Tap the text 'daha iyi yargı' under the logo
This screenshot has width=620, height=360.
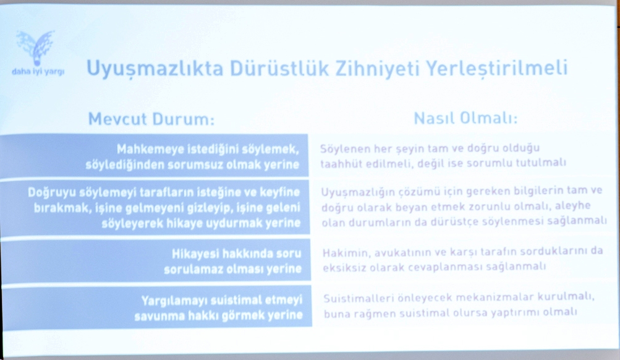click(38, 72)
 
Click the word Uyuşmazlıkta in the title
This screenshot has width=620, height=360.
click(155, 69)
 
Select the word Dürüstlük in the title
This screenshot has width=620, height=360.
click(279, 68)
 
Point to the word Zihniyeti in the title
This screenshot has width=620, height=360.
click(377, 68)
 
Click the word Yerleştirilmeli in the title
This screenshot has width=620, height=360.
click(496, 68)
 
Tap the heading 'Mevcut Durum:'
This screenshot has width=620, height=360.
click(151, 119)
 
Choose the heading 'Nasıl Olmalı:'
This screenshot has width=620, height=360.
click(465, 118)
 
